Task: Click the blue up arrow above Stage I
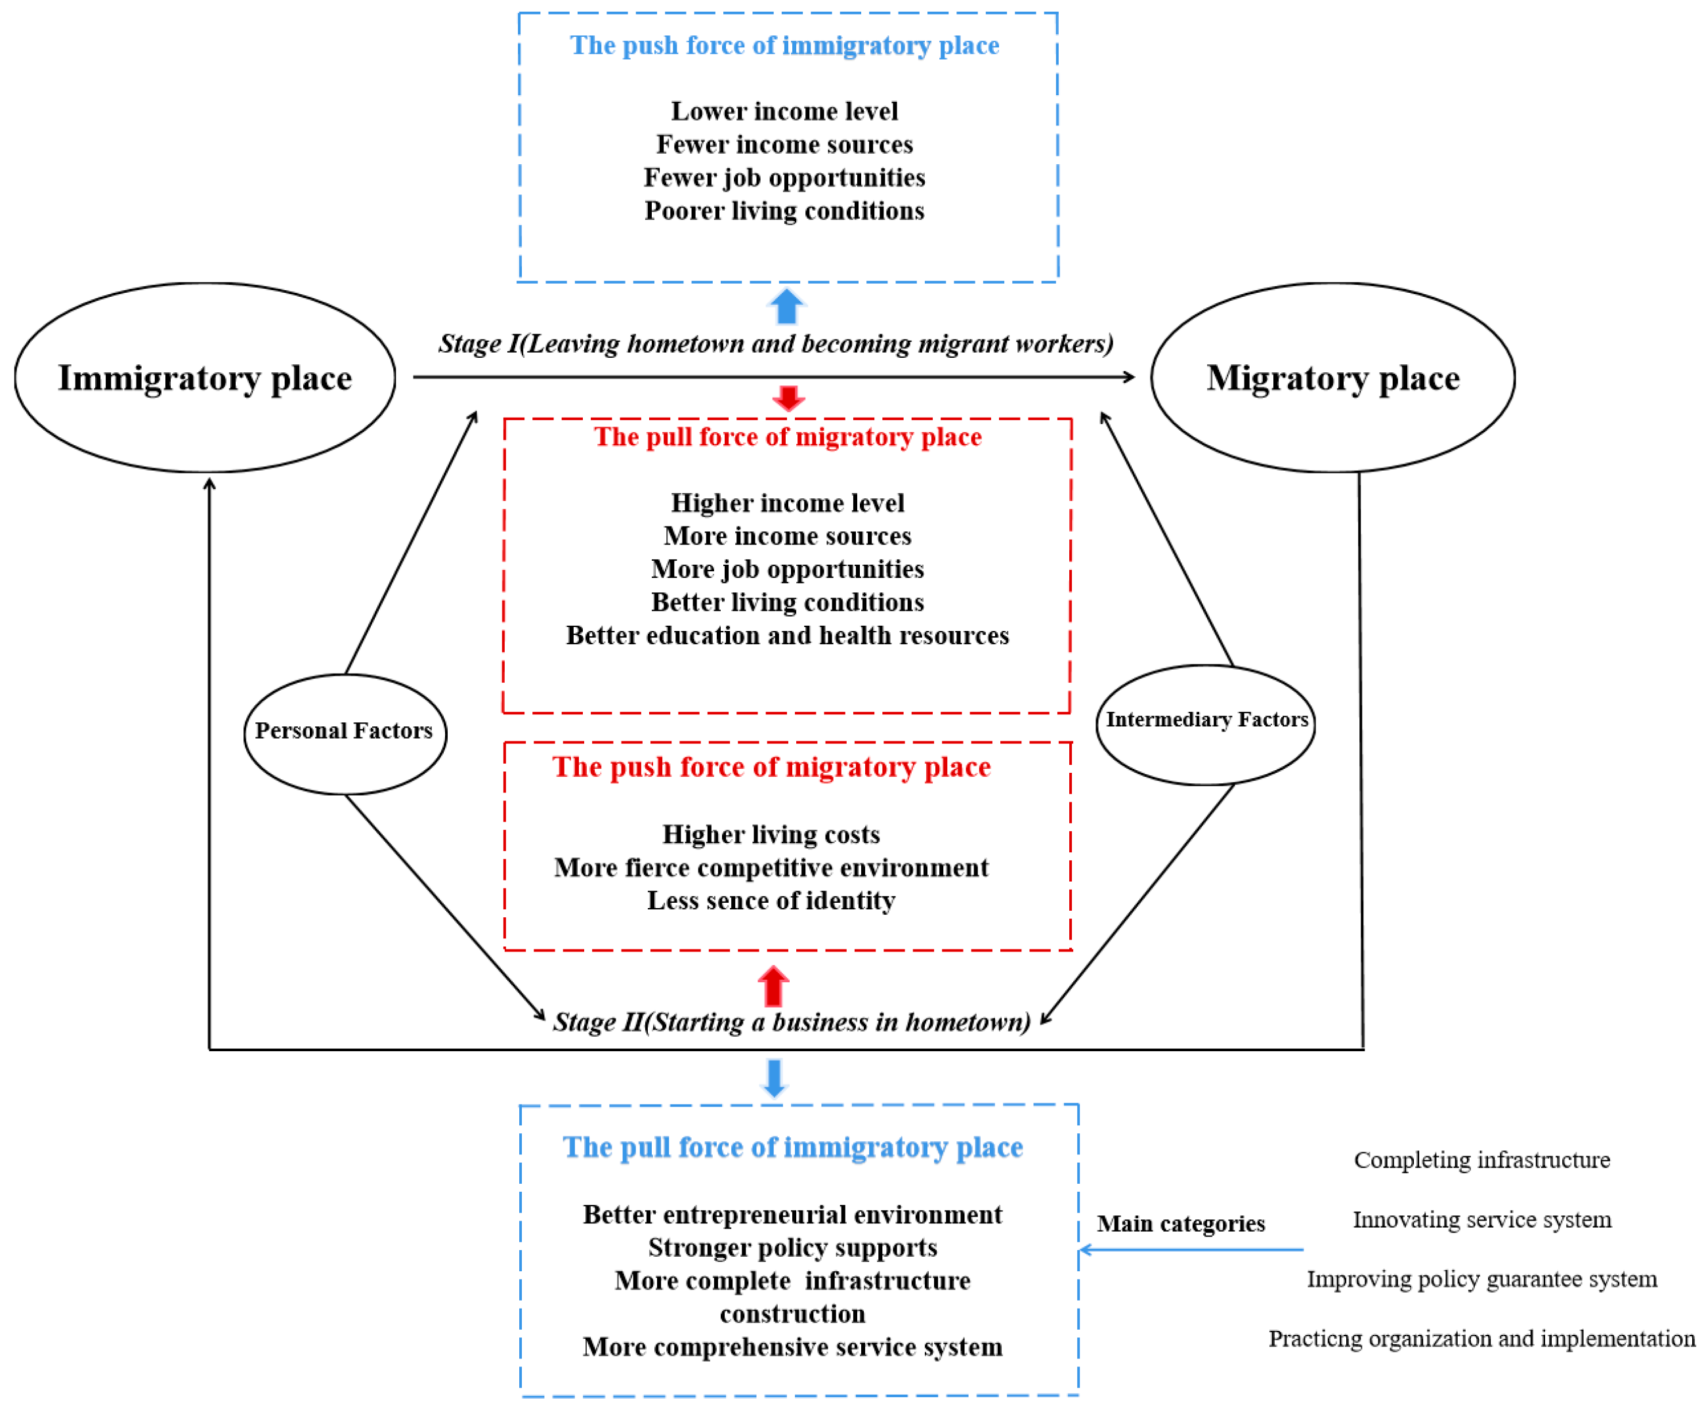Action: click(x=786, y=307)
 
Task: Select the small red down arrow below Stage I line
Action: click(x=788, y=398)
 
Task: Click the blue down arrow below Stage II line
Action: click(x=775, y=1078)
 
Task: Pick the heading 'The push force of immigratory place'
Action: click(x=784, y=45)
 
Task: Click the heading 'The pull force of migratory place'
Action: click(x=787, y=437)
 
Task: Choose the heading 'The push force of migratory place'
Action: click(x=771, y=767)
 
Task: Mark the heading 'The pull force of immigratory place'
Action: click(x=793, y=1147)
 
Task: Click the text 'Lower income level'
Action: click(x=784, y=111)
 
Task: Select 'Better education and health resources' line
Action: click(x=787, y=636)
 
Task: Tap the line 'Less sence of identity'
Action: click(x=771, y=901)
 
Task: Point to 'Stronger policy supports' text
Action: click(x=793, y=1248)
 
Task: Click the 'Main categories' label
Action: click(x=1181, y=1223)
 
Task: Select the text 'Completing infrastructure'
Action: click(x=1481, y=1160)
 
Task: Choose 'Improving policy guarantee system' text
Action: click(x=1481, y=1279)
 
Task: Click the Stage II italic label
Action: click(x=792, y=1022)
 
